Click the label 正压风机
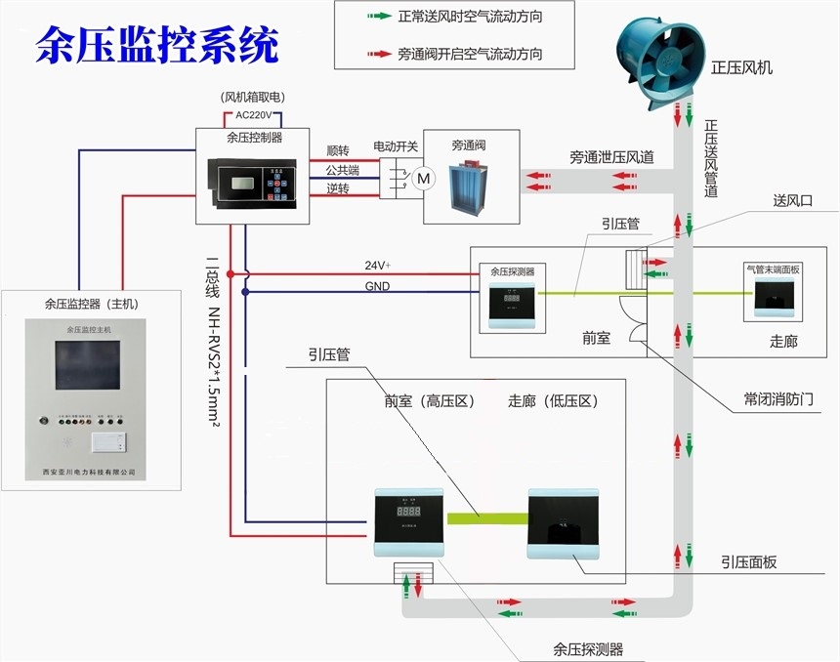[x=742, y=67]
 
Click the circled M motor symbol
[x=423, y=178]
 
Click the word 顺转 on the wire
[x=338, y=151]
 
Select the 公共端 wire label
[x=343, y=170]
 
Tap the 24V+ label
[x=377, y=266]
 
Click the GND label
[x=377, y=286]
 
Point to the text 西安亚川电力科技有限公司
[x=90, y=473]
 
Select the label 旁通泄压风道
[x=612, y=156]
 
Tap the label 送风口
[x=792, y=200]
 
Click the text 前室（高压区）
[x=431, y=400]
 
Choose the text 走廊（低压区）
[x=554, y=400]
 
